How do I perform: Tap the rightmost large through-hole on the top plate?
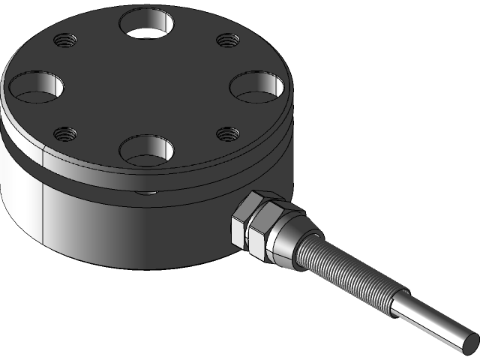pyautogui.click(x=259, y=86)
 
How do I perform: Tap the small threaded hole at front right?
pyautogui.click(x=227, y=134)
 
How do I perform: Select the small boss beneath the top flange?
pyautogui.click(x=147, y=193)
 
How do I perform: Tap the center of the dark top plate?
pyautogui.click(x=147, y=86)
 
